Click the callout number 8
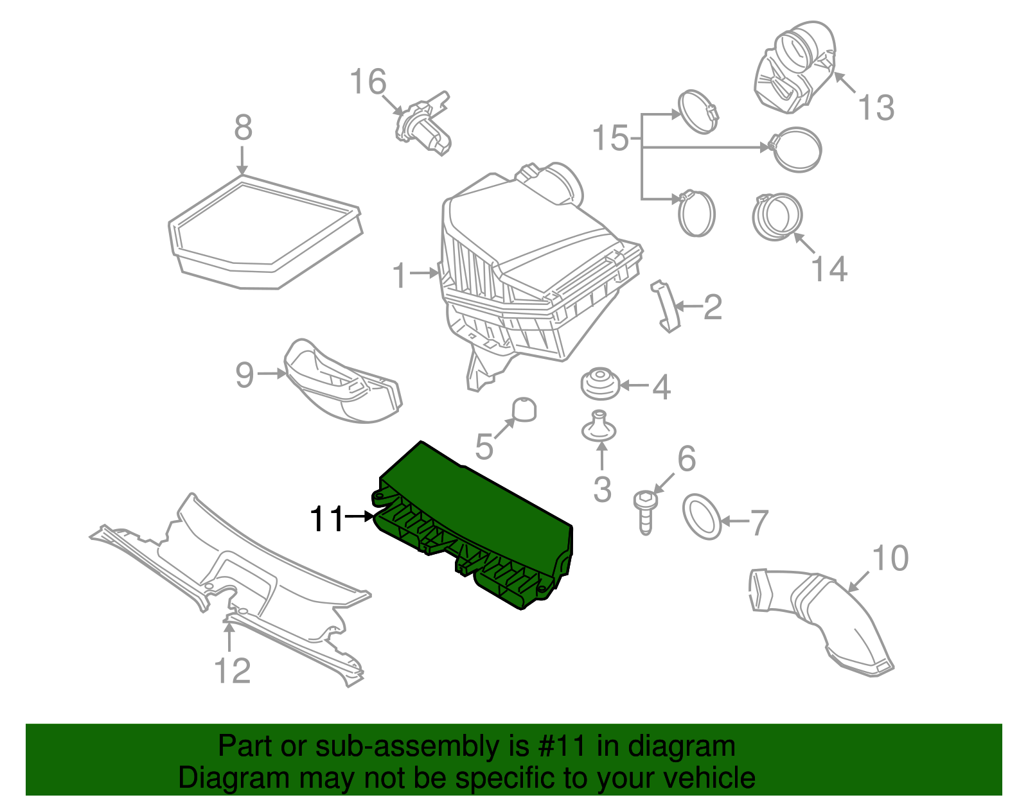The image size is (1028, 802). click(x=243, y=128)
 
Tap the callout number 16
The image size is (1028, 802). click(x=368, y=83)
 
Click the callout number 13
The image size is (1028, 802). click(x=876, y=108)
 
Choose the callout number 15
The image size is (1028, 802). click(x=610, y=139)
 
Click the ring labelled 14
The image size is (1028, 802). click(x=777, y=217)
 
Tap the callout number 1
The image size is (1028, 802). click(x=400, y=276)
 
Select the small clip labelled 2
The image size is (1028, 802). click(x=666, y=307)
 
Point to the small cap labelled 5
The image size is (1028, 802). click(x=524, y=410)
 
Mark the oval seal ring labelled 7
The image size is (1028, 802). click(x=702, y=516)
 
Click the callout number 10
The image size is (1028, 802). click(x=891, y=558)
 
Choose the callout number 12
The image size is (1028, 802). click(x=232, y=671)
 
